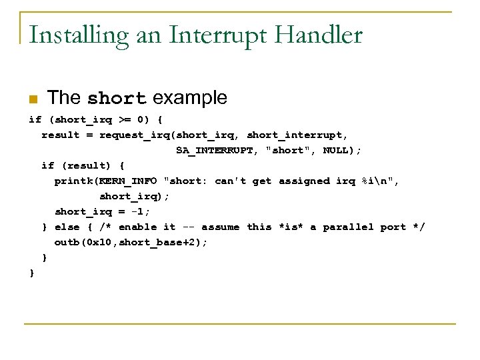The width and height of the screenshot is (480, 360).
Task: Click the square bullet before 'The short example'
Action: (33, 99)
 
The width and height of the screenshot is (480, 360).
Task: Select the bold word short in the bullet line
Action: (117, 99)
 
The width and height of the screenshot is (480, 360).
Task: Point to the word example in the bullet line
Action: (190, 99)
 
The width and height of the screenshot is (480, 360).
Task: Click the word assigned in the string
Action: (304, 181)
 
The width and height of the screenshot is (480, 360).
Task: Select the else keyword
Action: (67, 227)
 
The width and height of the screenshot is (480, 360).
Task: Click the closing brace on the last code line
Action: (32, 273)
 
